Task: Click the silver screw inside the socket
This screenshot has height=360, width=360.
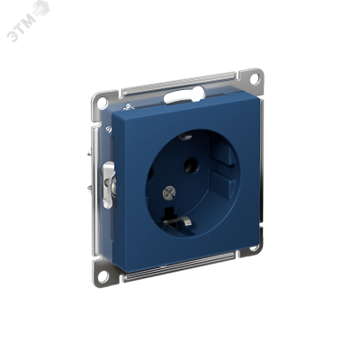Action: click(x=169, y=193)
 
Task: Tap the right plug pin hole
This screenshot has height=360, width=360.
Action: click(x=191, y=166)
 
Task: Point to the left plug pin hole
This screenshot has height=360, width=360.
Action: click(x=150, y=173)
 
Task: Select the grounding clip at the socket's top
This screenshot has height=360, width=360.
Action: click(x=184, y=137)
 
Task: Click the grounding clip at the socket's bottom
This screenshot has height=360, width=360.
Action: click(x=177, y=221)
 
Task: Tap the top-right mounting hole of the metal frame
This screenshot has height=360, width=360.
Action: click(x=255, y=79)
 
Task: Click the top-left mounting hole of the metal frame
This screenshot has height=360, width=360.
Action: click(x=102, y=103)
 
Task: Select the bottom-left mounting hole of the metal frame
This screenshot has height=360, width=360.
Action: click(x=103, y=276)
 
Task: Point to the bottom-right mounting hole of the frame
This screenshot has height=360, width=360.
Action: click(x=255, y=247)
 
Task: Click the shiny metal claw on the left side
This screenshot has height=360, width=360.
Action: click(x=109, y=184)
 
